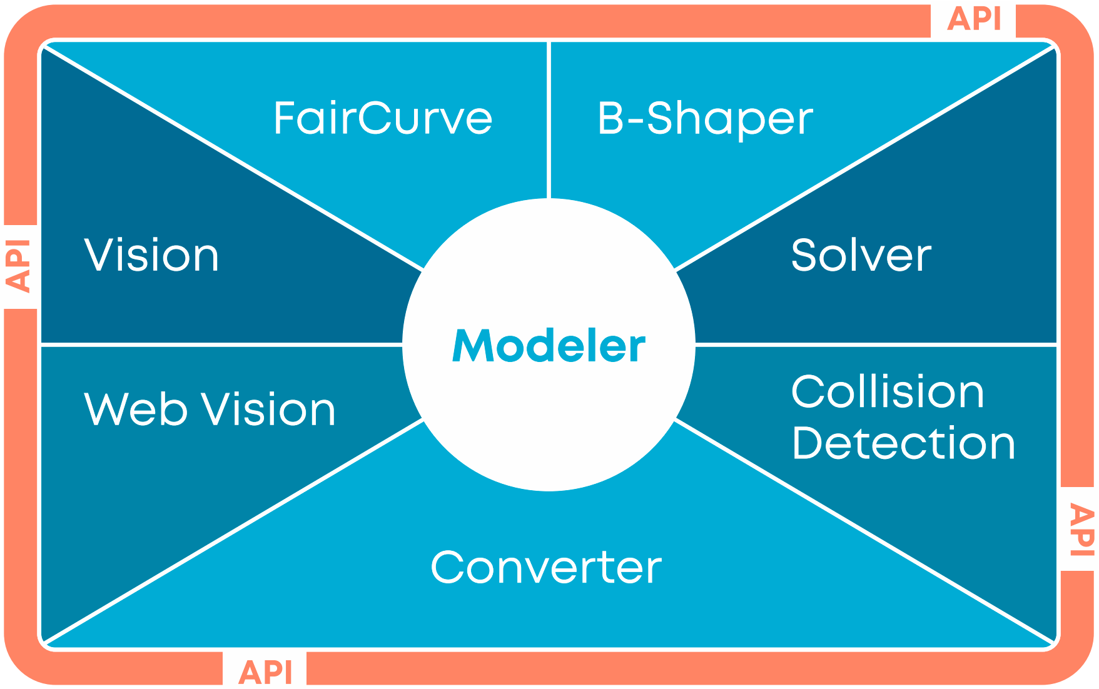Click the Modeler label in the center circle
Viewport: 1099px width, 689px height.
pos(549,346)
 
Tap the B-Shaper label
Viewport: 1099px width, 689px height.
pos(705,119)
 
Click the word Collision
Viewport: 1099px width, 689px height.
pos(888,391)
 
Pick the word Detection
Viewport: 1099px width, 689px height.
pos(903,443)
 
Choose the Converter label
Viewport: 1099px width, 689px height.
pos(546,567)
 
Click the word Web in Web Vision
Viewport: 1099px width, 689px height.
pos(136,410)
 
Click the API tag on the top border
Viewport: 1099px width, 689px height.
pos(973,19)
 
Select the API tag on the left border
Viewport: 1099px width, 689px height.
pos(19,266)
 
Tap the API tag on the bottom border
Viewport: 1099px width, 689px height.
pos(265,673)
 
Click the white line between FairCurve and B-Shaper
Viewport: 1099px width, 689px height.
pos(549,120)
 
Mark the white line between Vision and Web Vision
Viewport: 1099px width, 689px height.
pos(221,344)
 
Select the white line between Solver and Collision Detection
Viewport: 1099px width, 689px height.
pos(876,344)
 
